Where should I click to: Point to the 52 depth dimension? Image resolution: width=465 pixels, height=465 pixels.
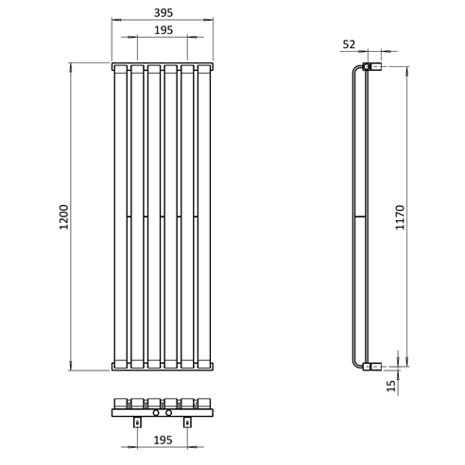(350, 43)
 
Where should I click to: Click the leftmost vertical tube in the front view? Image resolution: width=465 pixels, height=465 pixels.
(120, 217)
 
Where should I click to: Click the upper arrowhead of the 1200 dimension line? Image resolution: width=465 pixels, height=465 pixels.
(72, 66)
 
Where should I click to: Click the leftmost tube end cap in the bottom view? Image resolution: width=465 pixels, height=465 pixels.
(120, 401)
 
